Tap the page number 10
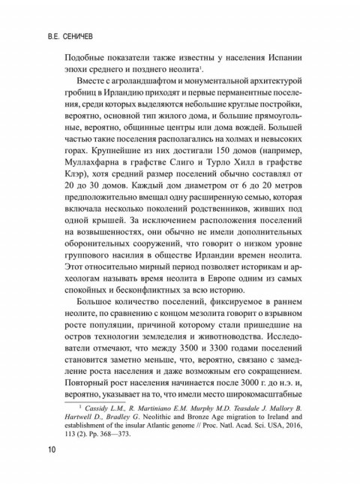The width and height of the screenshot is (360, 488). coord(51,450)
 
